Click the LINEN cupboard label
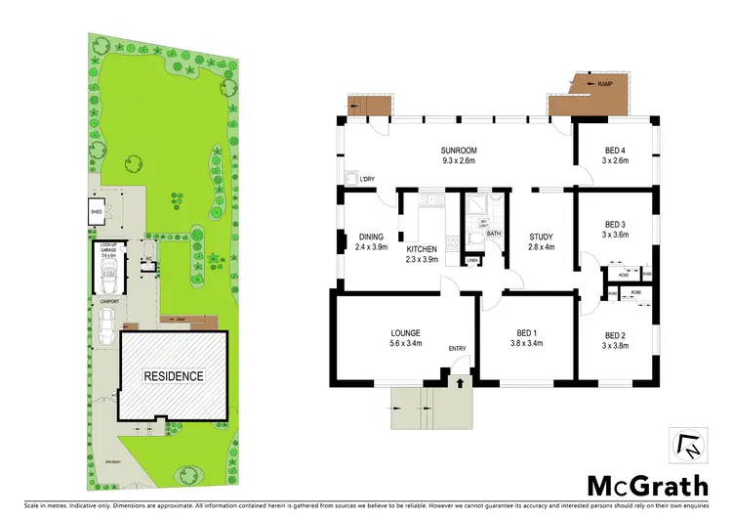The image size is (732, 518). (x=472, y=259)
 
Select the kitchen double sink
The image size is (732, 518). (x=426, y=201)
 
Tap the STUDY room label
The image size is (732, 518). (x=540, y=236)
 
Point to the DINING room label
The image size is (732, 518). (x=370, y=236)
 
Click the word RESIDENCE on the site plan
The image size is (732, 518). (x=175, y=375)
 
